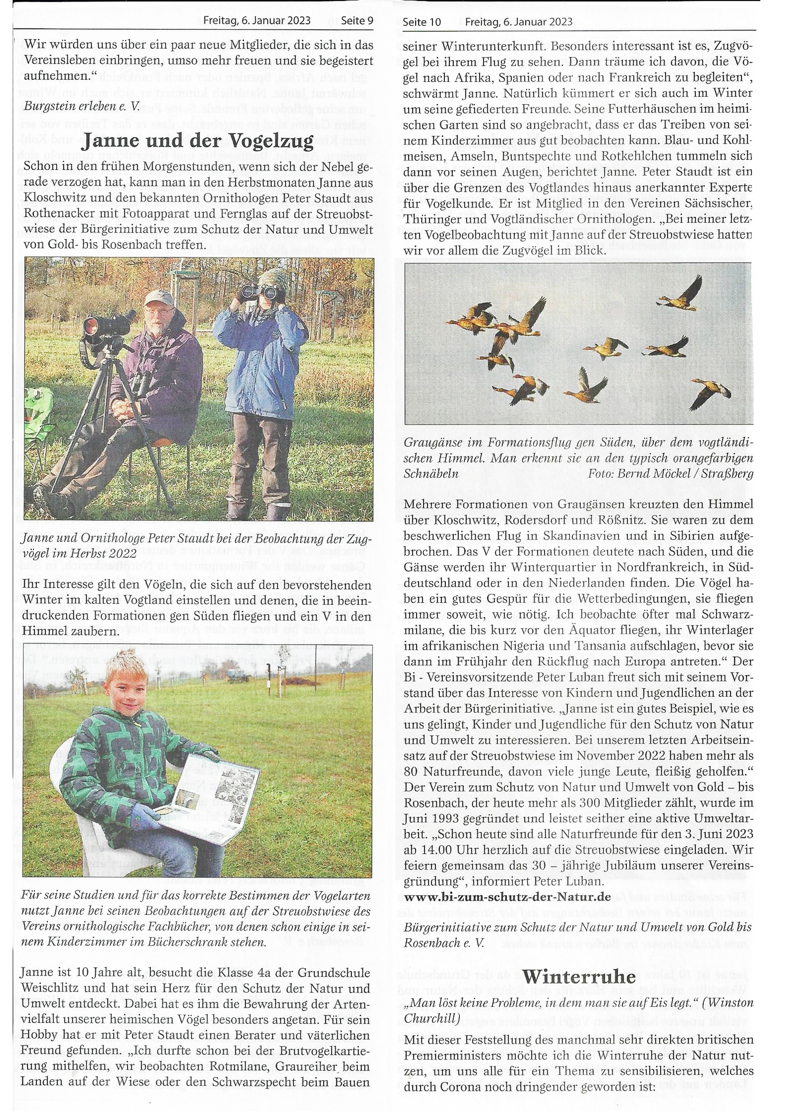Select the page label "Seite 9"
(357, 21)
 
